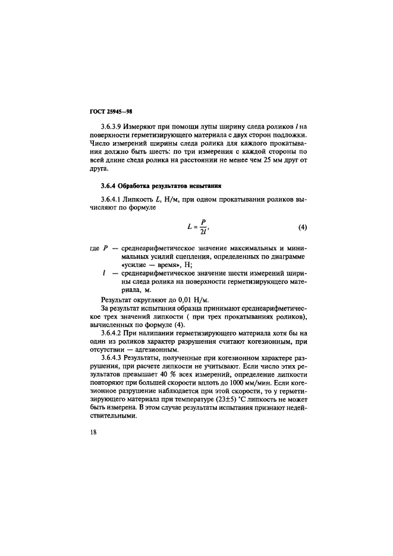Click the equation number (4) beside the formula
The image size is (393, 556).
coord(302,228)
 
